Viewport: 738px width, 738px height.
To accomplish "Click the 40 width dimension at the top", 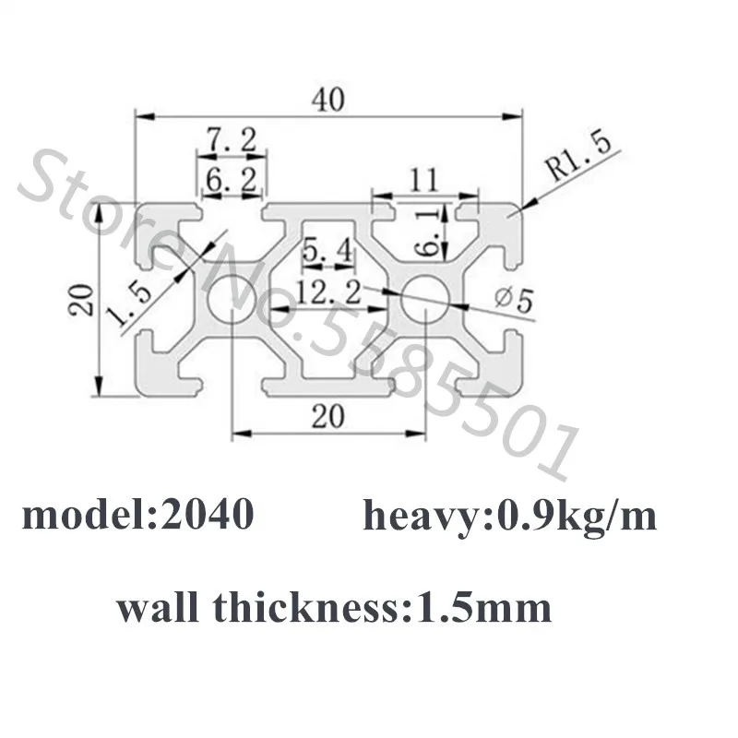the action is pos(327,100).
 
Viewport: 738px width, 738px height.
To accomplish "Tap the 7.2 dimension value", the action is pos(232,139).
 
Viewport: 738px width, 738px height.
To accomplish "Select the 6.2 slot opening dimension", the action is pos(232,179).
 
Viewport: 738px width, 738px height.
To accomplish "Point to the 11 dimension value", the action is pos(424,179).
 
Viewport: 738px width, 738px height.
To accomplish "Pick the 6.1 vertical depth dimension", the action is pos(429,232).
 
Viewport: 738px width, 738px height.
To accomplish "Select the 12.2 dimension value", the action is pos(328,292).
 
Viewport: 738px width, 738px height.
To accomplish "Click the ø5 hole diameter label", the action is pos(514,299).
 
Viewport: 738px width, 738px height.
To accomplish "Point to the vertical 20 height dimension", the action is pos(81,300).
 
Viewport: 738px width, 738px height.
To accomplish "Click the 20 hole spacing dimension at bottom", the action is pos(327,416).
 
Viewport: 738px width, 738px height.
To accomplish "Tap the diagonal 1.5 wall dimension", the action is pos(128,306).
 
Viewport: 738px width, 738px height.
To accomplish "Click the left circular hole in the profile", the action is pos(232,299).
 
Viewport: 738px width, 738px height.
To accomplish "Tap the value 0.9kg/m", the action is pos(577,518).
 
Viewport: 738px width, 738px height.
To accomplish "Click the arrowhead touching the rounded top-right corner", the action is pos(529,205).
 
